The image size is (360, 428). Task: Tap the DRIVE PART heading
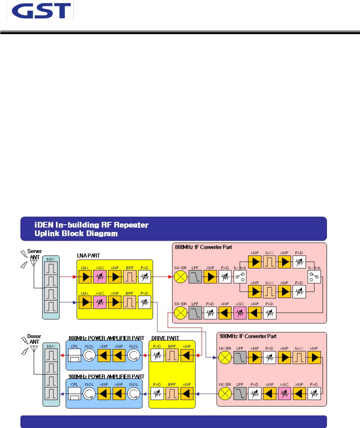point(165,338)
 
